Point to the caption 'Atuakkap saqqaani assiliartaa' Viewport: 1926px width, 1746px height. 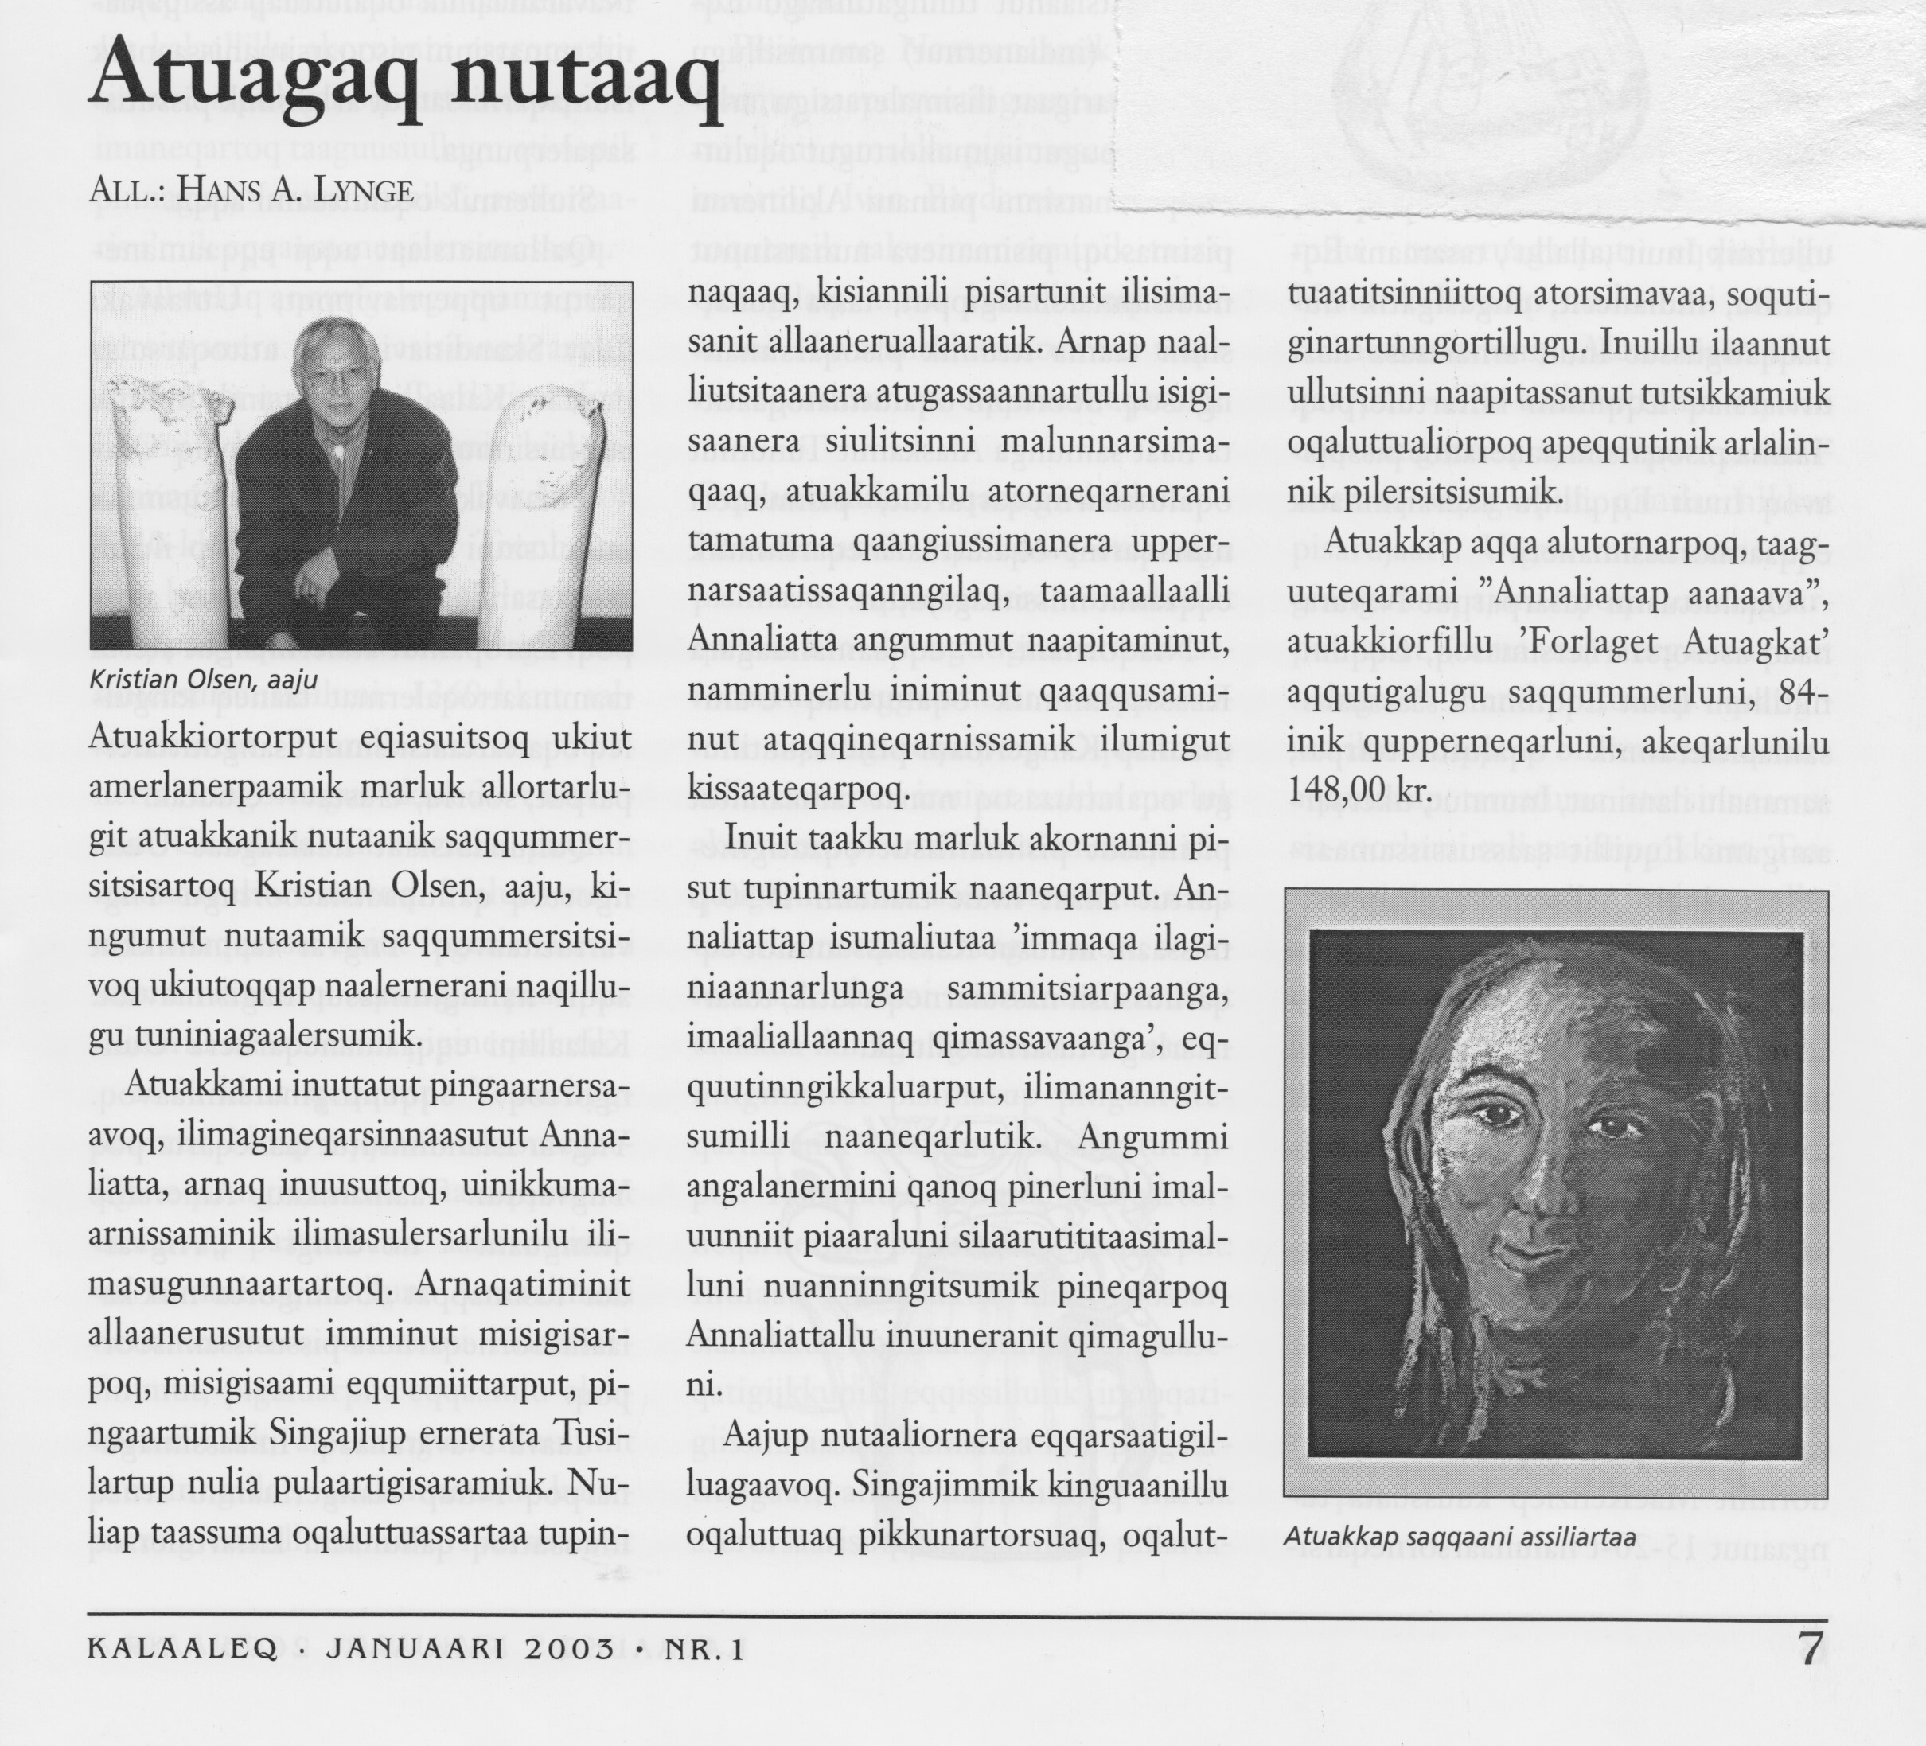coord(1460,1536)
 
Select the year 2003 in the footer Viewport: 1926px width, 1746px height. coord(566,1651)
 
